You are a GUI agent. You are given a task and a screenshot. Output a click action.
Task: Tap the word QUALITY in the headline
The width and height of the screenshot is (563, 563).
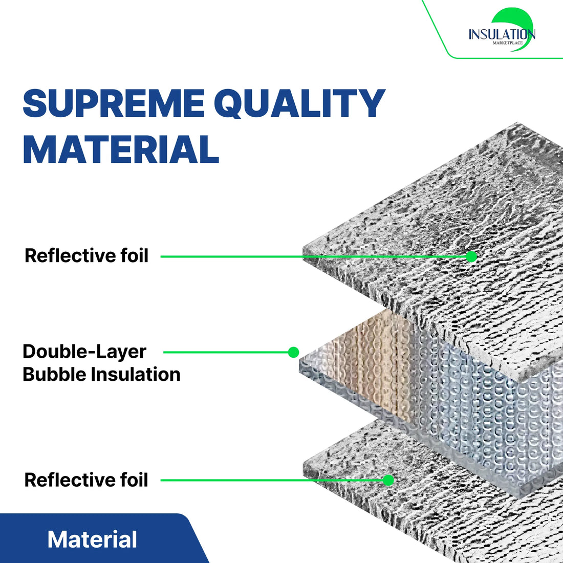point(303,104)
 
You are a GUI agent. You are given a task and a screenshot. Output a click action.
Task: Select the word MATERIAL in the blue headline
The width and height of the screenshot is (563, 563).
point(121,149)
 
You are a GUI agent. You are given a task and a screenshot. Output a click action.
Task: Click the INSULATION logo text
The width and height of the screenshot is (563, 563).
point(502,34)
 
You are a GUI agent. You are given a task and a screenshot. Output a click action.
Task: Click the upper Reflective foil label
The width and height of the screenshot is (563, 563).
point(86,255)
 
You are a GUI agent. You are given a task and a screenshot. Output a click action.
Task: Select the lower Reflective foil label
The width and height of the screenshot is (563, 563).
point(86,480)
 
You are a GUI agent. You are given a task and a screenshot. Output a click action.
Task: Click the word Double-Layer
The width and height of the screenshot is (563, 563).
point(84,352)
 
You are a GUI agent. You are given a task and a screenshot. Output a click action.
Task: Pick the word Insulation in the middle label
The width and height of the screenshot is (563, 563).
point(135,374)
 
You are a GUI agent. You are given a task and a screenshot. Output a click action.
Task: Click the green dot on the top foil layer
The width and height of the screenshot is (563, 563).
point(471,256)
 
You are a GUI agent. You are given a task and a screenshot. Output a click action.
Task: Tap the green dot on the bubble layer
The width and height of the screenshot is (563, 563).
point(293,352)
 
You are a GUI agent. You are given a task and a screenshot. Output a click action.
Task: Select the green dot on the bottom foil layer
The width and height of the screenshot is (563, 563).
point(388,480)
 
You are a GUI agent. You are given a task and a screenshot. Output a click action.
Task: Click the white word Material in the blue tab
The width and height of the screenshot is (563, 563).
point(92,540)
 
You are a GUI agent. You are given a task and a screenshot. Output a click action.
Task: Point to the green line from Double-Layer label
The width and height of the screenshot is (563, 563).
point(225,352)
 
